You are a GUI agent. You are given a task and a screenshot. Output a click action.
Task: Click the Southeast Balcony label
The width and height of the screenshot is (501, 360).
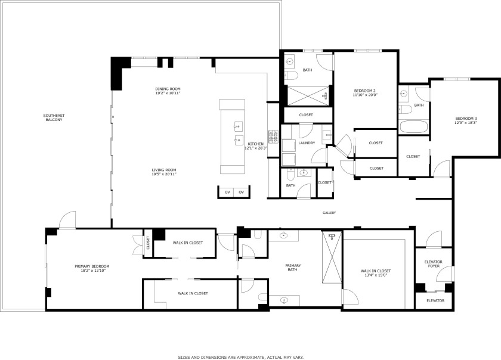click(54, 117)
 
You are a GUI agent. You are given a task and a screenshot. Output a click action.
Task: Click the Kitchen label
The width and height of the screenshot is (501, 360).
click(255, 144)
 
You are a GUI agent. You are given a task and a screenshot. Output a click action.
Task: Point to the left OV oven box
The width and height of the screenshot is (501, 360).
click(227, 192)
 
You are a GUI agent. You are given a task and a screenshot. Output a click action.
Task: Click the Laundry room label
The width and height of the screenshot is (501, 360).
click(307, 143)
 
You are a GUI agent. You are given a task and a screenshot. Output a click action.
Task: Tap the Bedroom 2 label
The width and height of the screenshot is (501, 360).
click(364, 91)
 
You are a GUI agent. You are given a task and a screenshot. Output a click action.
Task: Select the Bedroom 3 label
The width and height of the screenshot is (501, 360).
click(466, 118)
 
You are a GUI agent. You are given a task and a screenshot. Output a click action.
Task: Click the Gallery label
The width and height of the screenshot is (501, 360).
click(329, 213)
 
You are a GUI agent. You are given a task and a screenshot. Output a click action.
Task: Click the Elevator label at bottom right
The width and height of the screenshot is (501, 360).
click(435, 300)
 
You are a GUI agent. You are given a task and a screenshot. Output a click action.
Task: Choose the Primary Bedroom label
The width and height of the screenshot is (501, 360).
click(92, 266)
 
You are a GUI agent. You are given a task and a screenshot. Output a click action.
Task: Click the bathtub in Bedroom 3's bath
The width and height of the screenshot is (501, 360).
click(413, 127)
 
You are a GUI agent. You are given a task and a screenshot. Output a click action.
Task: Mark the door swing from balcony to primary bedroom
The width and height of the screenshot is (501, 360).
click(67, 219)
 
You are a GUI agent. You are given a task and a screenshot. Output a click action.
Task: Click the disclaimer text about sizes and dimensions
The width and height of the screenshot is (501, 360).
click(241, 357)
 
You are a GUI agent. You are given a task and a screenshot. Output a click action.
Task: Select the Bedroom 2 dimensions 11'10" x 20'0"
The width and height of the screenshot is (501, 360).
click(364, 95)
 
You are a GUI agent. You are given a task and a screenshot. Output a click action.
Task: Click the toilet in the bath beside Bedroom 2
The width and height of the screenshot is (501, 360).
click(290, 75)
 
